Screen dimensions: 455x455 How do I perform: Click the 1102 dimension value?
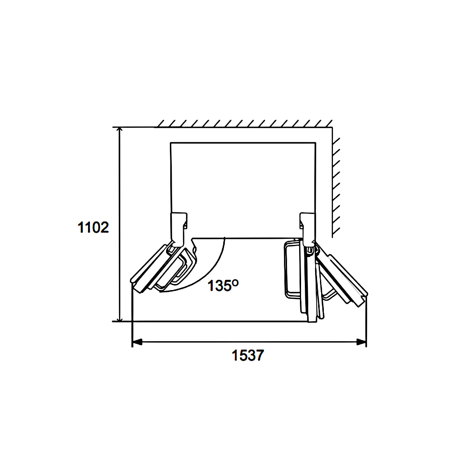(x=93, y=227)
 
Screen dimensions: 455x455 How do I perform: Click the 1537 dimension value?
(x=247, y=356)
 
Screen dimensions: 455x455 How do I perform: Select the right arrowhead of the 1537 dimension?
(x=362, y=342)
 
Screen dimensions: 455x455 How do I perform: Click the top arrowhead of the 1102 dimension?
(x=120, y=131)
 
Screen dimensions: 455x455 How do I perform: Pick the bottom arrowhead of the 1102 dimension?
(x=120, y=318)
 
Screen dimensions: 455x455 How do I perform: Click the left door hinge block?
(x=178, y=227)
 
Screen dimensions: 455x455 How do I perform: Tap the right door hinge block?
(x=308, y=227)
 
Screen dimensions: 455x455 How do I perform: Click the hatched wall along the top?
(x=243, y=124)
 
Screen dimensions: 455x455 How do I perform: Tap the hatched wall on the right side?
(x=336, y=182)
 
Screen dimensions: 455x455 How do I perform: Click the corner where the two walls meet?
(x=332, y=128)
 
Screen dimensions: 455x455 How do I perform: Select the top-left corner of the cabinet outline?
(x=171, y=143)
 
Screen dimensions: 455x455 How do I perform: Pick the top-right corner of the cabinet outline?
(x=315, y=143)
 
